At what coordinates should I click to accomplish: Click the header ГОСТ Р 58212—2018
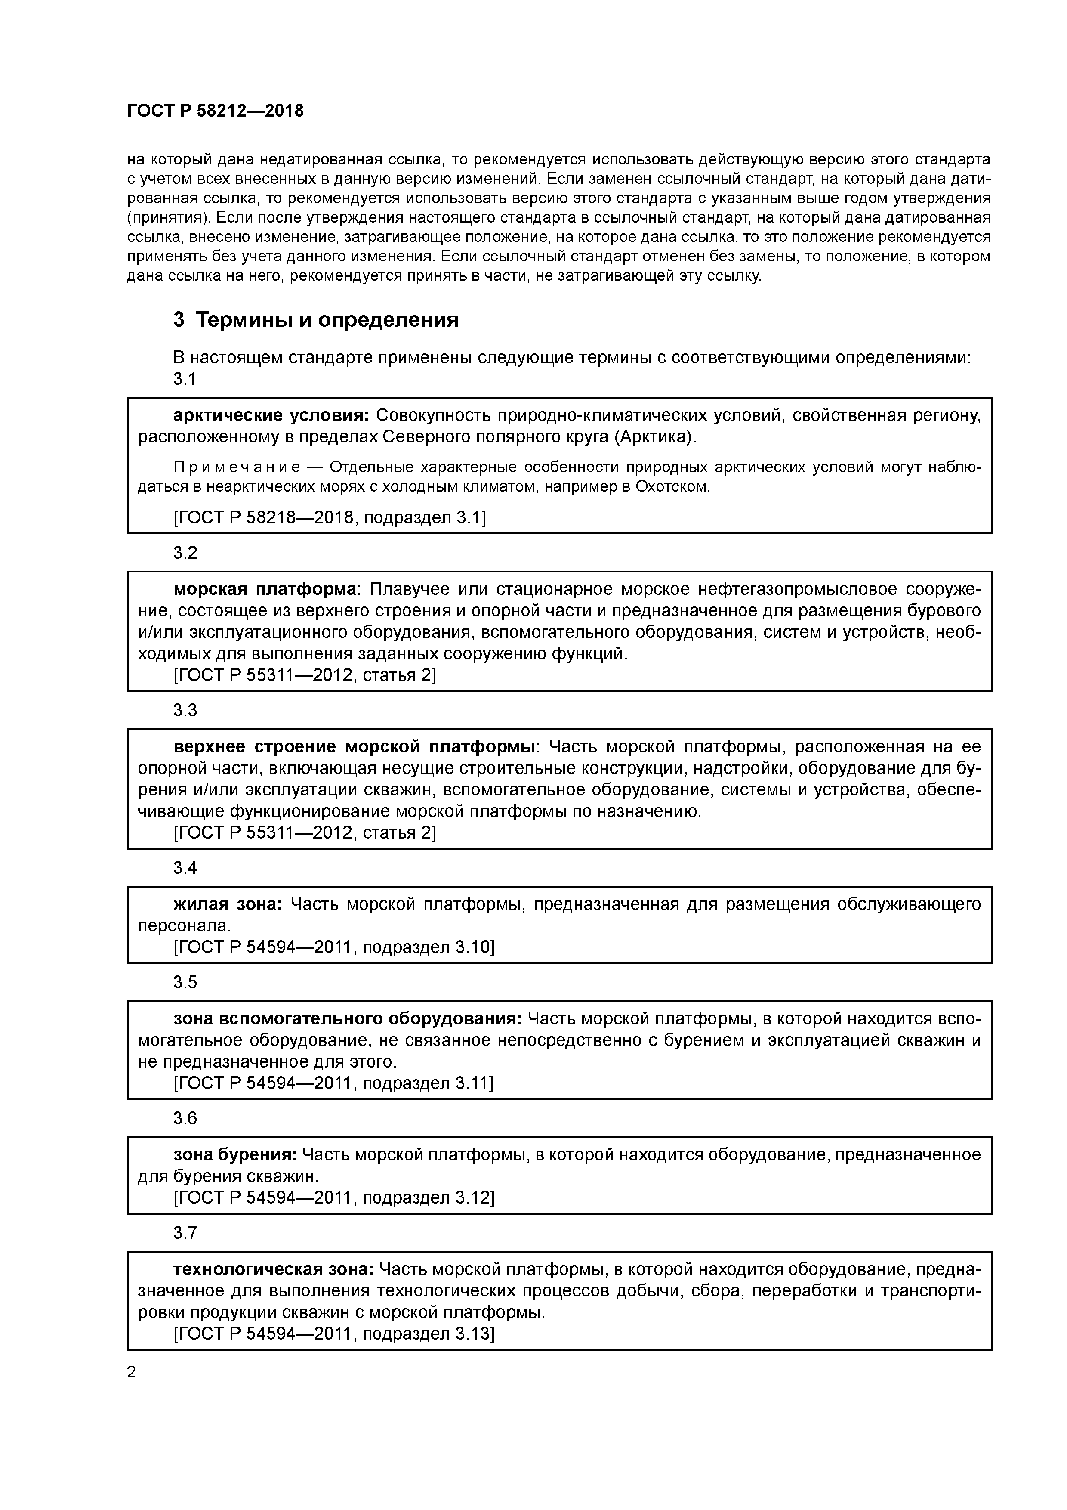215,111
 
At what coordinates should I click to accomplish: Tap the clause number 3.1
185,380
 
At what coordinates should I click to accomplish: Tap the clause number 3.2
185,553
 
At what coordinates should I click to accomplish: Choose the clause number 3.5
185,983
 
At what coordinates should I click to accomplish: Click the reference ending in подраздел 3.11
333,1083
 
